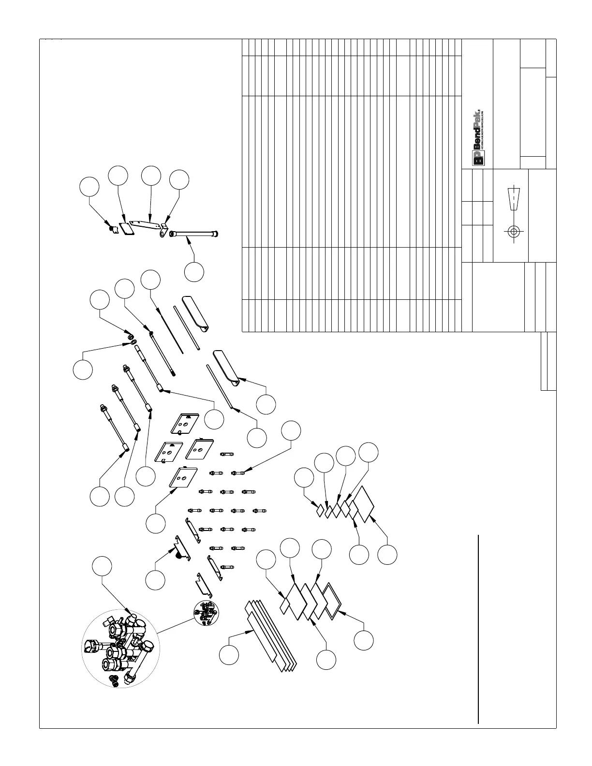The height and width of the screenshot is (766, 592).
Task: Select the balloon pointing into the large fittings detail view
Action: click(102, 567)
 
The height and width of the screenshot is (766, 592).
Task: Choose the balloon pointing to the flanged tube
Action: click(194, 272)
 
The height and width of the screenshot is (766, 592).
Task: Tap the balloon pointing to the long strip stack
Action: click(229, 655)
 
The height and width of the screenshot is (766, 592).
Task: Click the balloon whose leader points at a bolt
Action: click(291, 430)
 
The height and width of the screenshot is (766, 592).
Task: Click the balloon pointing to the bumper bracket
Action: click(155, 580)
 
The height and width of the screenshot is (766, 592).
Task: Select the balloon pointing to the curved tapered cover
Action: click(266, 404)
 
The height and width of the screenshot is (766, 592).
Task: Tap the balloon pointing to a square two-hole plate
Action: click(156, 524)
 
